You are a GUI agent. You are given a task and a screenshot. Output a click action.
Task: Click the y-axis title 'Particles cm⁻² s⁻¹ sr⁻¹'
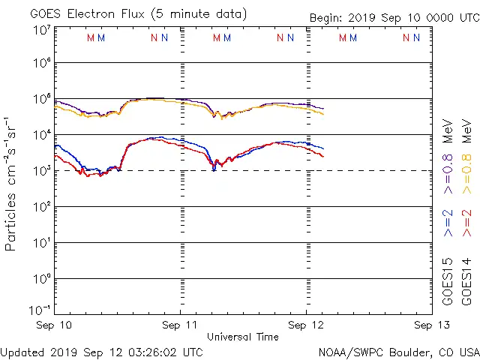pos(11,183)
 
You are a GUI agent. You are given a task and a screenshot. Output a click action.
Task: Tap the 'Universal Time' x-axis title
pos(242,337)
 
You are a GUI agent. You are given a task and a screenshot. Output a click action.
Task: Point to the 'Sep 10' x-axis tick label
pos(55,325)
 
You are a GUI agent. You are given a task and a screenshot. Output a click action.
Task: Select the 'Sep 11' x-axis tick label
pos(181,325)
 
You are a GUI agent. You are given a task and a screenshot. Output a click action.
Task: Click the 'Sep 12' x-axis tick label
pos(306,325)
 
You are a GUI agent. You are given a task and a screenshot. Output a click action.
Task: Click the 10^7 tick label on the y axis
pos(41,30)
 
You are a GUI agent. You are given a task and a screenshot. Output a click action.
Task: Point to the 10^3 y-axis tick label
pos(41,171)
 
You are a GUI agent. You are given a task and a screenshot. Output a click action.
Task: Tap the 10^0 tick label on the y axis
pos(41,279)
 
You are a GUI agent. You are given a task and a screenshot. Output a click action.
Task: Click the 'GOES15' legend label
pos(448,281)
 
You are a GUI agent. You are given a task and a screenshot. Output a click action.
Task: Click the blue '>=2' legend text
pos(448,223)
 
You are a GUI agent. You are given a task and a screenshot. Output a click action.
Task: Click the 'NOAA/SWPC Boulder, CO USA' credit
pos(398,351)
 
